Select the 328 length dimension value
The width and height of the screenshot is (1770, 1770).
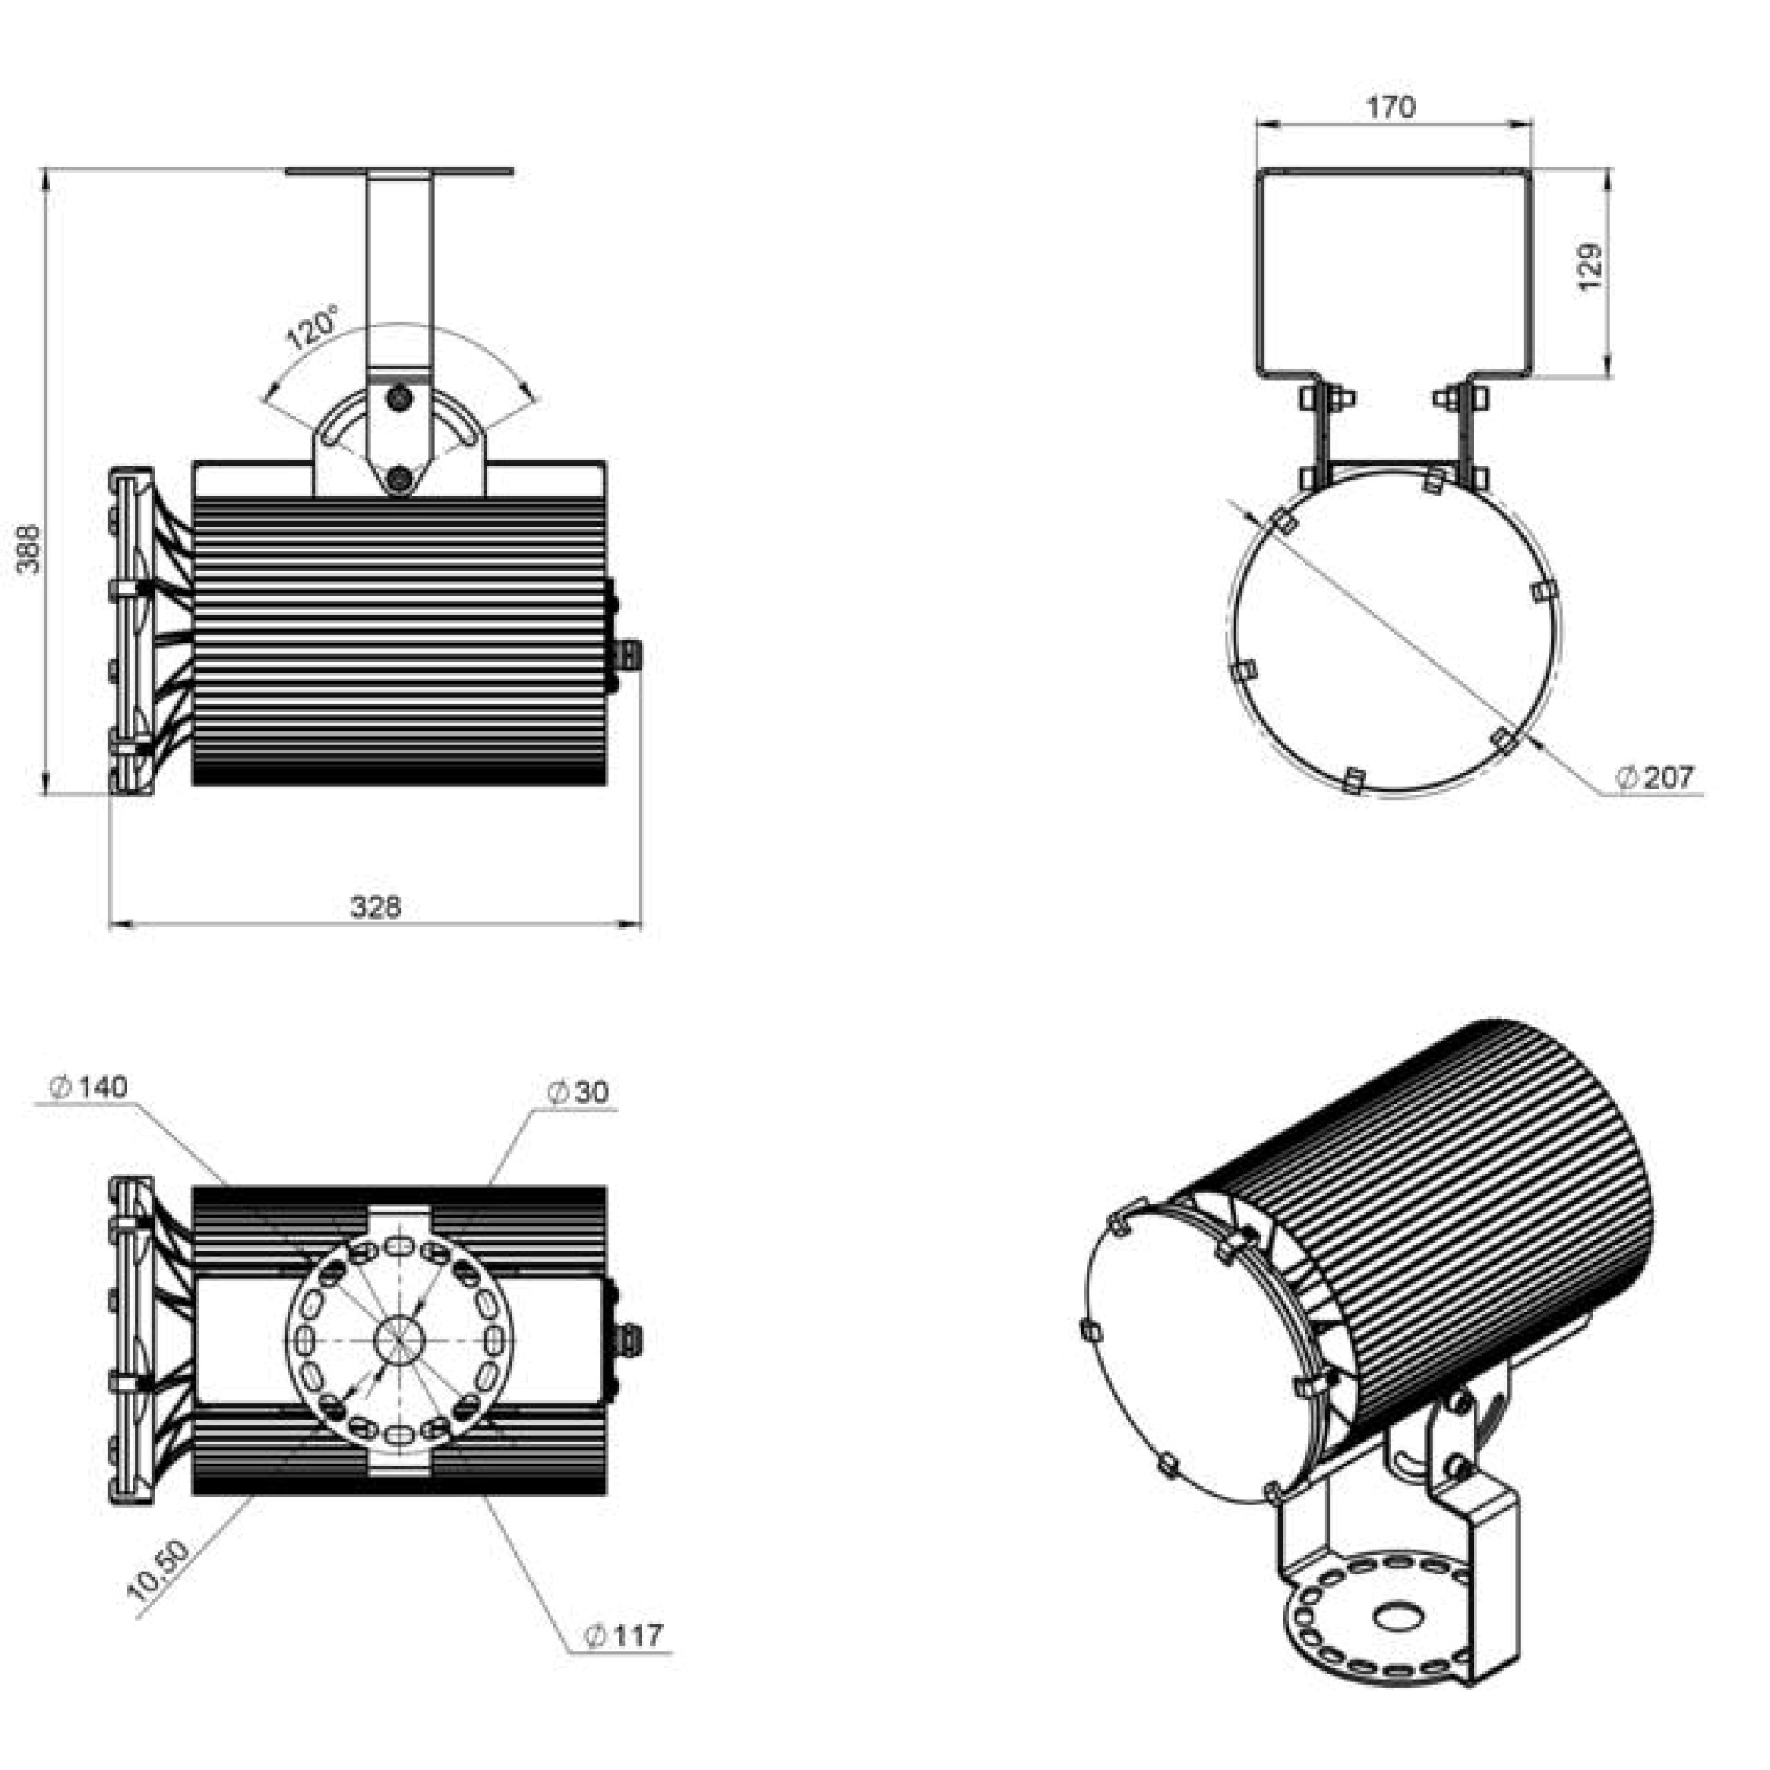(x=375, y=907)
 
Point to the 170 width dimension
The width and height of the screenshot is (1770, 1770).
(x=1391, y=107)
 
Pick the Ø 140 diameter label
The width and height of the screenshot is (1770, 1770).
(x=89, y=1088)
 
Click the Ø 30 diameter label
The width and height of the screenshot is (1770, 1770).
(x=578, y=1092)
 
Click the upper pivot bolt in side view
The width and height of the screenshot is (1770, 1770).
(x=399, y=397)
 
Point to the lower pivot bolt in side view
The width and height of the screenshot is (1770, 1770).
(x=398, y=477)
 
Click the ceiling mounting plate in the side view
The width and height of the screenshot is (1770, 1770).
(x=399, y=172)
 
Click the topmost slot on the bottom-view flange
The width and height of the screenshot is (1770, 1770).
(x=399, y=1245)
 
